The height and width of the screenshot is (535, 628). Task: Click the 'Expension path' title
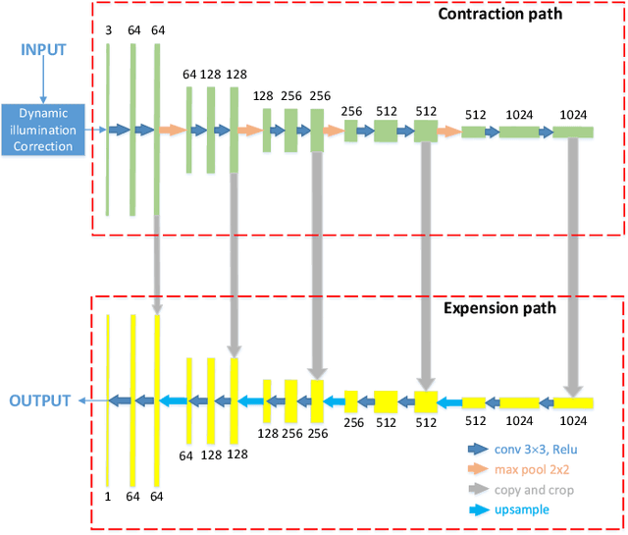pos(499,308)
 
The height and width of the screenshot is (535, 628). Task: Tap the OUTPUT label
pos(39,401)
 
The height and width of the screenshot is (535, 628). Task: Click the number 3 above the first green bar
pos(108,31)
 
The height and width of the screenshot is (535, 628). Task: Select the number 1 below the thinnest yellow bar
pos(108,497)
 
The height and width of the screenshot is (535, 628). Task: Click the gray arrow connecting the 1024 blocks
pos(573,265)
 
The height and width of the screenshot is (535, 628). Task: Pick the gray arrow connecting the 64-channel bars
pos(156,265)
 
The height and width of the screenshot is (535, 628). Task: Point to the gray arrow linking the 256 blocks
pos(317,265)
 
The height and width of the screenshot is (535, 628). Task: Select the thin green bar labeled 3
pos(108,129)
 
